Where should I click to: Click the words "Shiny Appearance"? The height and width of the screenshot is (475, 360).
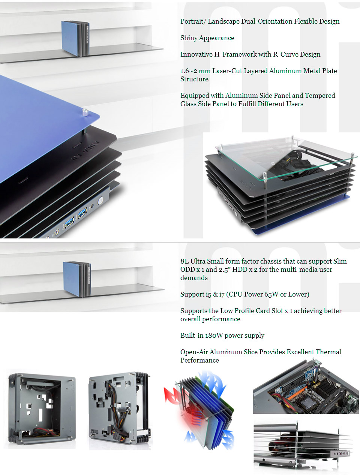coord(207,38)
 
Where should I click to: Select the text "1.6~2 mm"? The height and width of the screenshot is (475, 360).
coord(195,71)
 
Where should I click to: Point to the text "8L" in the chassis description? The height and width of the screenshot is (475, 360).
coord(184,261)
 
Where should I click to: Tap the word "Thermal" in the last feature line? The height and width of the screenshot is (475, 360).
coord(328,352)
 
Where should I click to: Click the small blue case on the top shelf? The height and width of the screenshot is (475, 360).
coord(75,39)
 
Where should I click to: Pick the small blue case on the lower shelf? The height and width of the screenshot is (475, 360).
coord(76,279)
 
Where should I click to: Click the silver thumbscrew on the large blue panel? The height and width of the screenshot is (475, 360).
coord(85,112)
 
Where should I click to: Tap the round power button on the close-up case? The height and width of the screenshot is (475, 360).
coord(100,201)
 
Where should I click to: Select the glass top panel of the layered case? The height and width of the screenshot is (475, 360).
coord(285,157)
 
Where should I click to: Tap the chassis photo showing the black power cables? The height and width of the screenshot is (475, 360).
coord(119,411)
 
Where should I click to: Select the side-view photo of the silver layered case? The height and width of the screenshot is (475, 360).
coord(303,446)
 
